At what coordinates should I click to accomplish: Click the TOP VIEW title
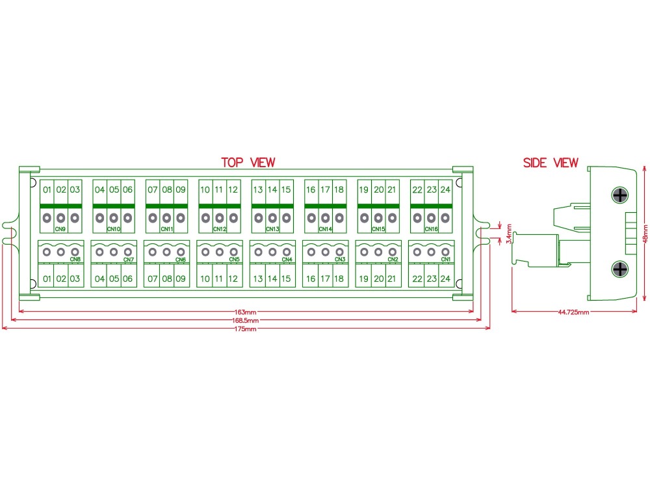tap(248, 162)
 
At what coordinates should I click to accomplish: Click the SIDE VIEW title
tap(551, 163)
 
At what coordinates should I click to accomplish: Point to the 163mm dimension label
tap(246, 312)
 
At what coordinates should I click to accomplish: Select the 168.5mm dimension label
tap(246, 320)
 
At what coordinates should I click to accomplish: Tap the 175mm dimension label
tap(246, 329)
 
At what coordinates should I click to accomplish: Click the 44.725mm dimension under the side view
tap(573, 312)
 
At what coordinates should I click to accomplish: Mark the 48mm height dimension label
tap(645, 234)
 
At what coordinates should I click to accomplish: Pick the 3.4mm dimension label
tap(509, 234)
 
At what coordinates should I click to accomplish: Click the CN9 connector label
tap(60, 229)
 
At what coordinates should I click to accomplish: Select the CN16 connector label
tap(431, 229)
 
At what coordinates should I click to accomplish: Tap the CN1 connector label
tap(446, 260)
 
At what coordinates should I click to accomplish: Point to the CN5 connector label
tap(234, 260)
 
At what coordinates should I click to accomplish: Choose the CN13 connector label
tap(272, 229)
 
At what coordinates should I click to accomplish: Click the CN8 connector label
tap(75, 260)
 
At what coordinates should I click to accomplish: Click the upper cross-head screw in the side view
tap(619, 195)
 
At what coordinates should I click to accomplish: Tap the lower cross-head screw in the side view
tap(619, 269)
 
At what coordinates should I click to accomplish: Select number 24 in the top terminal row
tap(445, 189)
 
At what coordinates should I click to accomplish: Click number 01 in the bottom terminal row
tap(47, 279)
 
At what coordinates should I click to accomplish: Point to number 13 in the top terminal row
tap(258, 189)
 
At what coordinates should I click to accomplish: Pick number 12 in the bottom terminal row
tap(233, 279)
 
